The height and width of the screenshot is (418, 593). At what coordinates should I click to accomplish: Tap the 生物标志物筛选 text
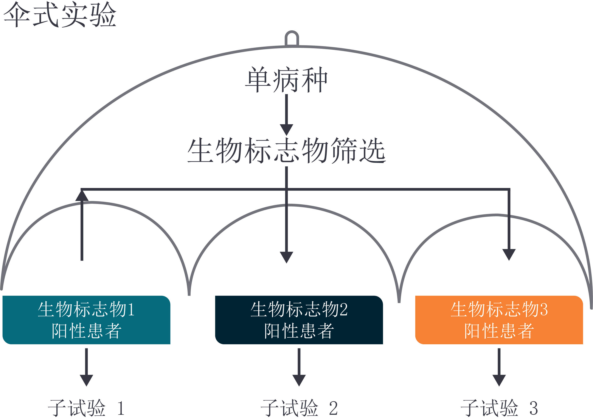[x=286, y=150]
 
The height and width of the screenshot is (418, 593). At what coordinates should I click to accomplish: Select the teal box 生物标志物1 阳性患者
[x=86, y=320]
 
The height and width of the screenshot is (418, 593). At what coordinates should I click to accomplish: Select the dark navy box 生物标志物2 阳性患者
[x=299, y=320]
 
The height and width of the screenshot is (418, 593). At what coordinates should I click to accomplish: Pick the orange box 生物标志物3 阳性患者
[x=499, y=320]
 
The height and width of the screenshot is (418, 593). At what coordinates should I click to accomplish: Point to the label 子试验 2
[x=299, y=408]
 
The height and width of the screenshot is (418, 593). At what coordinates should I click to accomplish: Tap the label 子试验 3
[x=499, y=408]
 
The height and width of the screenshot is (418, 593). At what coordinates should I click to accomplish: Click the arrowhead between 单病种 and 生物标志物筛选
[x=286, y=129]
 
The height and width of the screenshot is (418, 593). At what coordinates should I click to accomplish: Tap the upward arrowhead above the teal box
[x=82, y=196]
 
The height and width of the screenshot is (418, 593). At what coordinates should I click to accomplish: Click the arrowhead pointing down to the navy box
[x=286, y=257]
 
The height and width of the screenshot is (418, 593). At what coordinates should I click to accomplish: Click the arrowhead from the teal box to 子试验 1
[x=86, y=380]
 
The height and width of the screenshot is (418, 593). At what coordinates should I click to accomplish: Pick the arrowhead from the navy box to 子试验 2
[x=299, y=380]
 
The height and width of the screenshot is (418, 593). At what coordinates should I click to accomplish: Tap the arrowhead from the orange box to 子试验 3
[x=499, y=380]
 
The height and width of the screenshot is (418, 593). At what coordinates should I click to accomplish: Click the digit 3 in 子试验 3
[x=533, y=409]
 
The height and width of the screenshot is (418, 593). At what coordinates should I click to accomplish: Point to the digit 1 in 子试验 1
[x=121, y=409]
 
